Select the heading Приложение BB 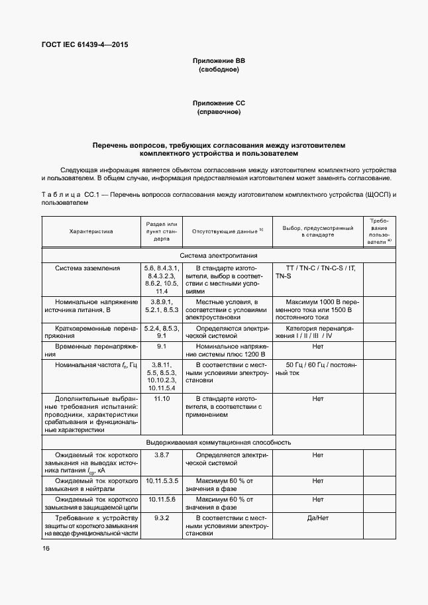[219, 60]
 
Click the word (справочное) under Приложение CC [219, 112]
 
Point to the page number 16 [46, 548]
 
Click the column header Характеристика [91, 231]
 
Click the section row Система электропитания [219, 255]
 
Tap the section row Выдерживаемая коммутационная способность [219, 442]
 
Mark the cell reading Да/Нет [317, 518]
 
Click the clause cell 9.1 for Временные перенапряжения [162, 347]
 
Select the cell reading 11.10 [162, 399]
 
